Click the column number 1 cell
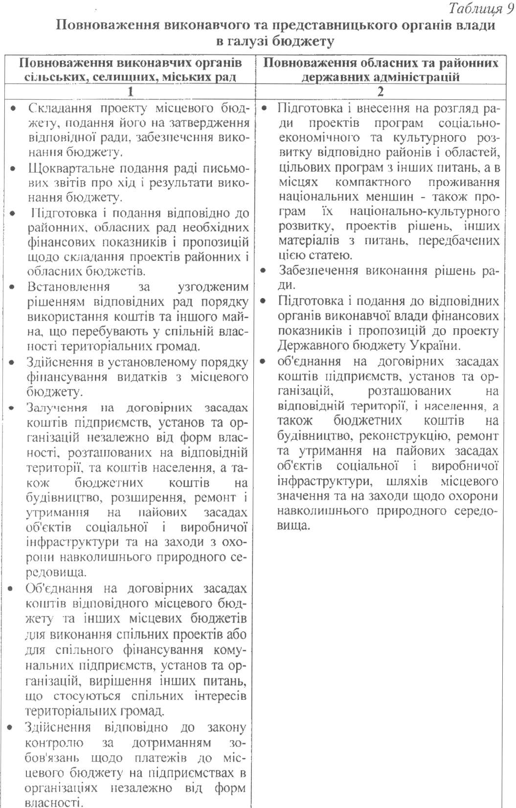(130, 92)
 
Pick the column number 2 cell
(381, 92)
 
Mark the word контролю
(54, 743)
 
